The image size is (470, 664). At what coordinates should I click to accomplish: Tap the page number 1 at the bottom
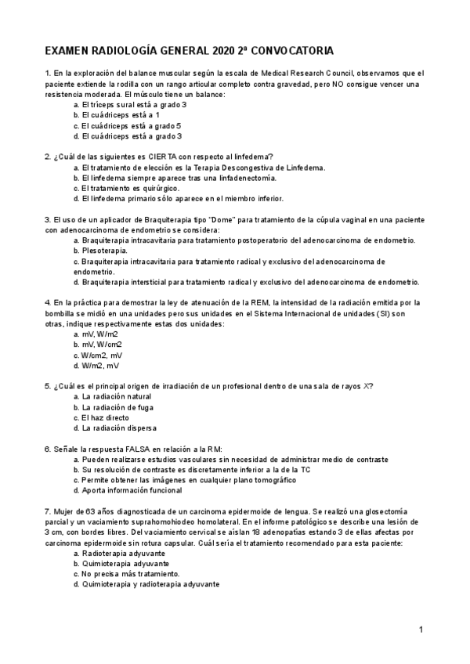click(421, 630)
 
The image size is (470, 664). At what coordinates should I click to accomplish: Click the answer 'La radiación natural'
click(116, 397)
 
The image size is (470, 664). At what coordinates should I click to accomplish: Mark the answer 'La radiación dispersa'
click(118, 428)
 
